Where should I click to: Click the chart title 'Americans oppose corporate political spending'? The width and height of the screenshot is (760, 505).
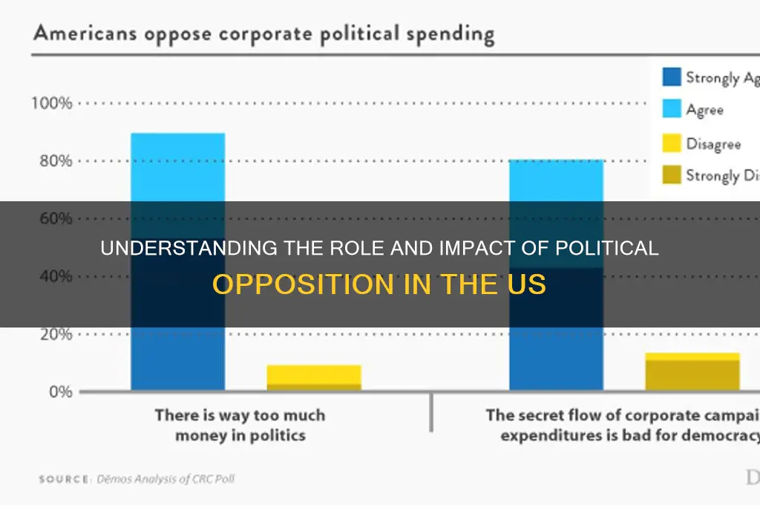tap(263, 35)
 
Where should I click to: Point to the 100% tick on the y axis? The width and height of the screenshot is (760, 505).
tap(51, 103)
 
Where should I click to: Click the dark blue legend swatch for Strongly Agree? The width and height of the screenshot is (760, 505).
tap(670, 77)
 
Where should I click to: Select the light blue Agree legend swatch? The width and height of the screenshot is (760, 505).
tap(670, 110)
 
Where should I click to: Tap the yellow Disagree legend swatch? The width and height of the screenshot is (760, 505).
tap(670, 143)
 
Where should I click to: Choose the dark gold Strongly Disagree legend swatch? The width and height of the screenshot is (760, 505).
tap(670, 176)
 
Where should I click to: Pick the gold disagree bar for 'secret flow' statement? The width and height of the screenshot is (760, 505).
tap(692, 371)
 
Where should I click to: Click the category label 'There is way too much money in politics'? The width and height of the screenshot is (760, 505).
tap(240, 426)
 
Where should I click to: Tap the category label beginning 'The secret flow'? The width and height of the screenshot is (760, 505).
tap(622, 426)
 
